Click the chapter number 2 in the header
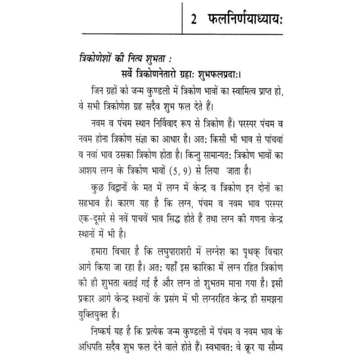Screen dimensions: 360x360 coord(195,19)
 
